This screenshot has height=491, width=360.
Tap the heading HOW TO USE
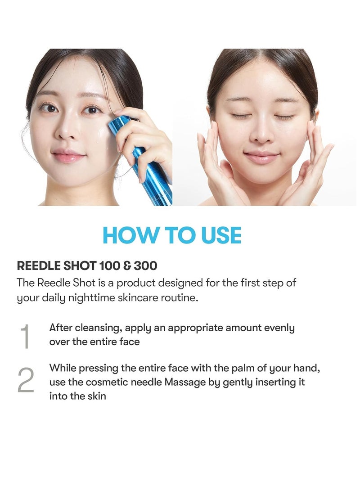pos(172,235)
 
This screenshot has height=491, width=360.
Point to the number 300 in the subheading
pos(145,266)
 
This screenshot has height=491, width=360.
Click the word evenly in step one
pos(278,328)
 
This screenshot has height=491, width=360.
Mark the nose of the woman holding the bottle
pos(67,131)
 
